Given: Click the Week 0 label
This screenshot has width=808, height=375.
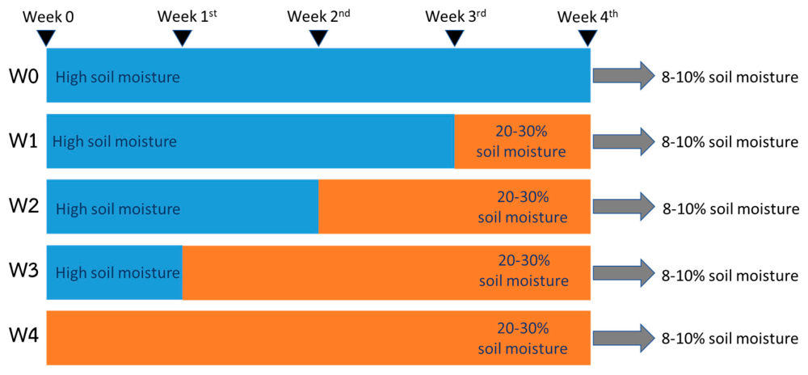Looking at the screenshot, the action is (49, 17).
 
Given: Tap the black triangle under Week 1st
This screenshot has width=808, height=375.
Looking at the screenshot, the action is (182, 38).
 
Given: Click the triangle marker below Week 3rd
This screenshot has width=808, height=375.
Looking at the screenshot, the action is (454, 38).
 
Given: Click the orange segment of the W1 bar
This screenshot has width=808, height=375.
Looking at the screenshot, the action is (523, 141).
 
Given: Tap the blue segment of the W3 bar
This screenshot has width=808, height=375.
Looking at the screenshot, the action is (115, 272).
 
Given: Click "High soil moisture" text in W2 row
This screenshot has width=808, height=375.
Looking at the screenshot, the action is (118, 209).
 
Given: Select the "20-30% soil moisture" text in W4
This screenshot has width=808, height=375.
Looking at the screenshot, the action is (523, 338).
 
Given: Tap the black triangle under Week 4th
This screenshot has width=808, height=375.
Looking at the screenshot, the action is (587, 38).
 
